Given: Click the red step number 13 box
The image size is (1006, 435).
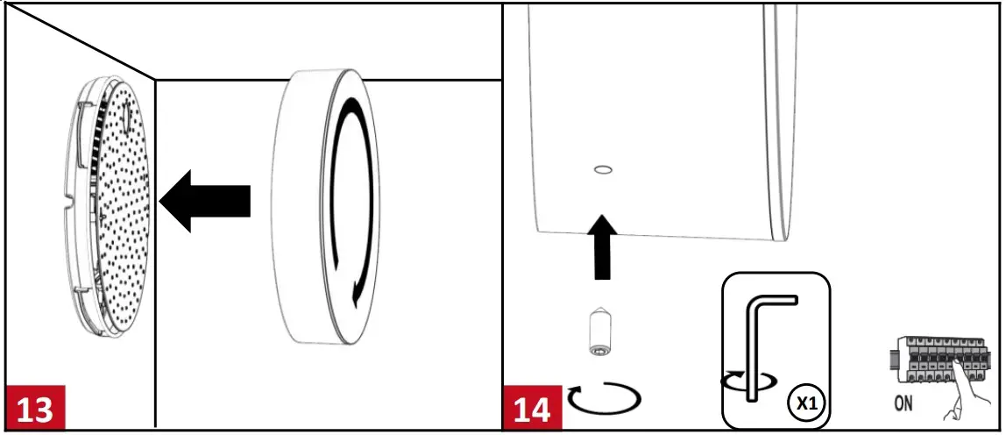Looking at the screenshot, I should pyautogui.click(x=35, y=409).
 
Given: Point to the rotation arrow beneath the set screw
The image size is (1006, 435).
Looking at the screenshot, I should pyautogui.click(x=604, y=400).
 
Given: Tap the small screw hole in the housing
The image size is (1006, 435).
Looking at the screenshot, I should pyautogui.click(x=603, y=168).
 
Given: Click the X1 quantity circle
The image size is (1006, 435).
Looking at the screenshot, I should pyautogui.click(x=806, y=403).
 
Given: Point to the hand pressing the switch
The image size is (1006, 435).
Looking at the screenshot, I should pyautogui.click(x=960, y=395).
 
